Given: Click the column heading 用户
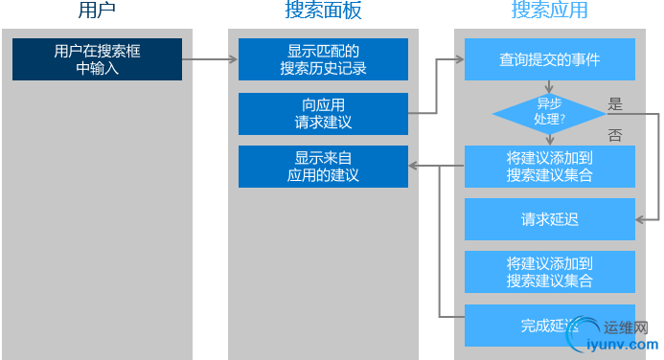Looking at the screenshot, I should pos(97,11).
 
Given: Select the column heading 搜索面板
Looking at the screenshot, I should pos(323,11).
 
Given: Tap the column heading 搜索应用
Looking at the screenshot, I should pos(549,11).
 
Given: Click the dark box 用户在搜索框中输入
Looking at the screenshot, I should pos(97,59).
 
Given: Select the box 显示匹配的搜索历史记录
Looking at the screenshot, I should pos(323,59).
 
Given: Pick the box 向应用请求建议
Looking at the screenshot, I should pos(323,113).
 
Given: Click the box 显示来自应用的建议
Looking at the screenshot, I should pos(323,166).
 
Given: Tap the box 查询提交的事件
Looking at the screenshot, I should pos(549,59).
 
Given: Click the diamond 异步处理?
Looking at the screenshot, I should pos(549,113).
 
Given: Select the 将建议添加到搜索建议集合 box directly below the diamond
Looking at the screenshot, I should pos(549,166).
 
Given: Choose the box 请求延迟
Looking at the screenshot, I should pos(549,219).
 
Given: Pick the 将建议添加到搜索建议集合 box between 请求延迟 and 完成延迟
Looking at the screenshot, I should pos(549,272).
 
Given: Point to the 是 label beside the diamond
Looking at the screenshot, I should pos(616,103).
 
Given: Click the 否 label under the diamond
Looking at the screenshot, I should pos(615,136).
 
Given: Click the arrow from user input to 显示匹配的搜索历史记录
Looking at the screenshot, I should pos(210,59).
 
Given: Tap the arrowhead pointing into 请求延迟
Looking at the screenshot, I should pos(640,219).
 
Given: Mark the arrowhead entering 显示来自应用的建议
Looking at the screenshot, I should pos(413,166).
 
